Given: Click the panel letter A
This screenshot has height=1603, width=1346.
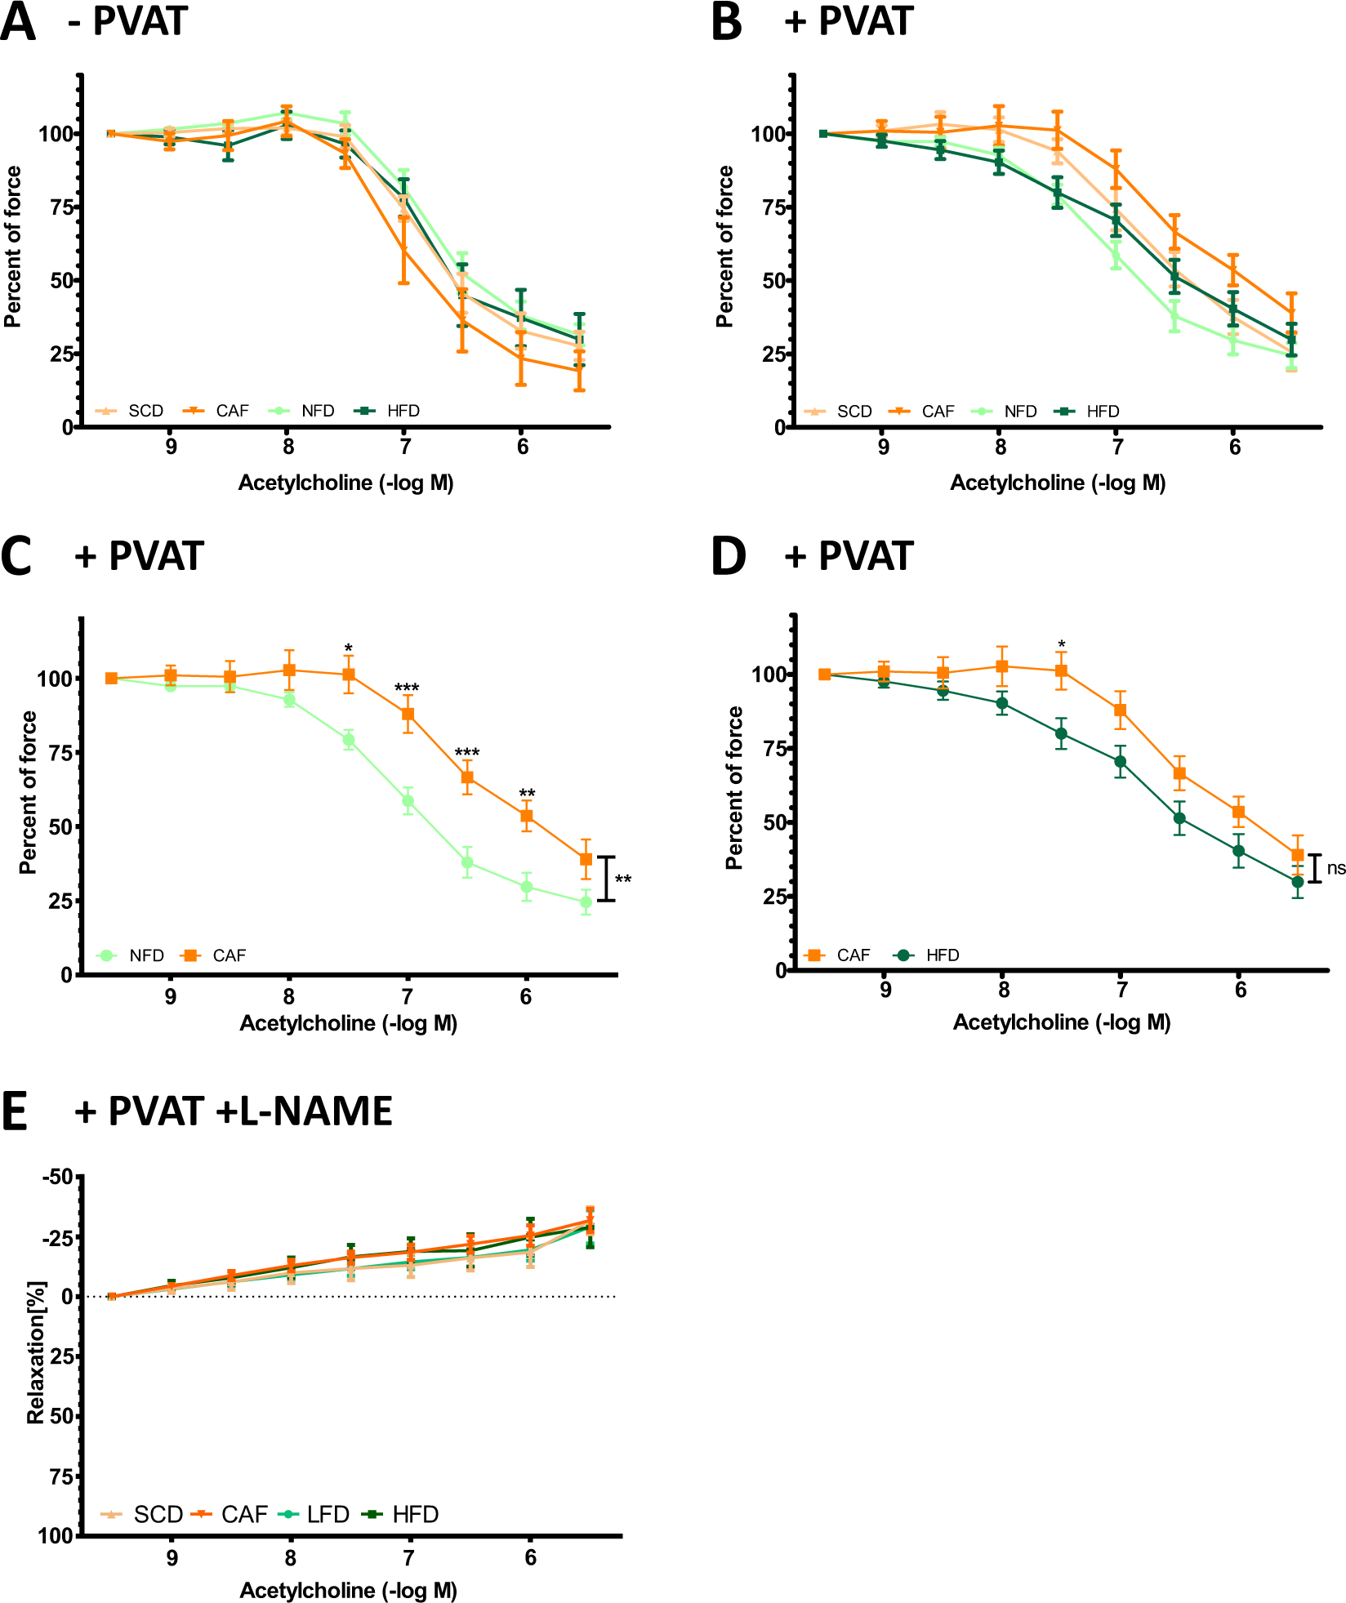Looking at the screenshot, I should click(18, 22).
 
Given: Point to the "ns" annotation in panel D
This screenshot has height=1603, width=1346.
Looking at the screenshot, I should click(1335, 868).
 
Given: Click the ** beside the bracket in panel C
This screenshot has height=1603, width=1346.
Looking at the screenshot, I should click(623, 880).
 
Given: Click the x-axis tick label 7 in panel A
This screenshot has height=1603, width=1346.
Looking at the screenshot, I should click(405, 447).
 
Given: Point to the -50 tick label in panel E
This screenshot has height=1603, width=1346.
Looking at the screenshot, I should click(58, 1177).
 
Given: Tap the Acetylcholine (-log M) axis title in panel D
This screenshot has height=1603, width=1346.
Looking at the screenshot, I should click(1062, 1022).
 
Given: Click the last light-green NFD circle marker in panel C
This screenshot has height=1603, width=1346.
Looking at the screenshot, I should click(586, 902).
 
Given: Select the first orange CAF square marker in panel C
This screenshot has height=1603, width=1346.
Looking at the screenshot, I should click(111, 679).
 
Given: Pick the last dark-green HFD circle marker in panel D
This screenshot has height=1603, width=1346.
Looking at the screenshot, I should click(1298, 882).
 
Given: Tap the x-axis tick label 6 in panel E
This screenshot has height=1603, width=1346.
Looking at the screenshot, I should click(530, 1558).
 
